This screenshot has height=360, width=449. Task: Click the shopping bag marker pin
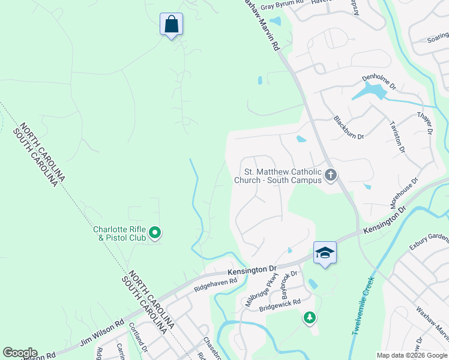pyautogui.click(x=171, y=25)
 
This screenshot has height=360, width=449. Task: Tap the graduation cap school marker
pyautogui.click(x=325, y=253)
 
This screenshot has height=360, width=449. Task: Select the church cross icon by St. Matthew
pyautogui.click(x=330, y=175)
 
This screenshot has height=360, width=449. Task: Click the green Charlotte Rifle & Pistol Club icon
pyautogui.click(x=155, y=232)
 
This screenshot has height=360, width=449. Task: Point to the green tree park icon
pyautogui.click(x=309, y=317)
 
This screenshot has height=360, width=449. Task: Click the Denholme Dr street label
pyautogui.click(x=379, y=82)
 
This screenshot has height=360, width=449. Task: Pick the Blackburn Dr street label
pyautogui.click(x=349, y=127)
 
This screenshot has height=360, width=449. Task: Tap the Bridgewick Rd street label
pyautogui.click(x=279, y=306)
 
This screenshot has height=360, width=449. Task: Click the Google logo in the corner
pyautogui.click(x=20, y=353)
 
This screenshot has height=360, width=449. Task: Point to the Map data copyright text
pyautogui.click(x=412, y=355)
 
